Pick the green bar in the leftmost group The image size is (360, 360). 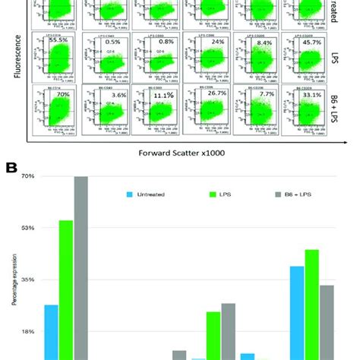tap(65, 289)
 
